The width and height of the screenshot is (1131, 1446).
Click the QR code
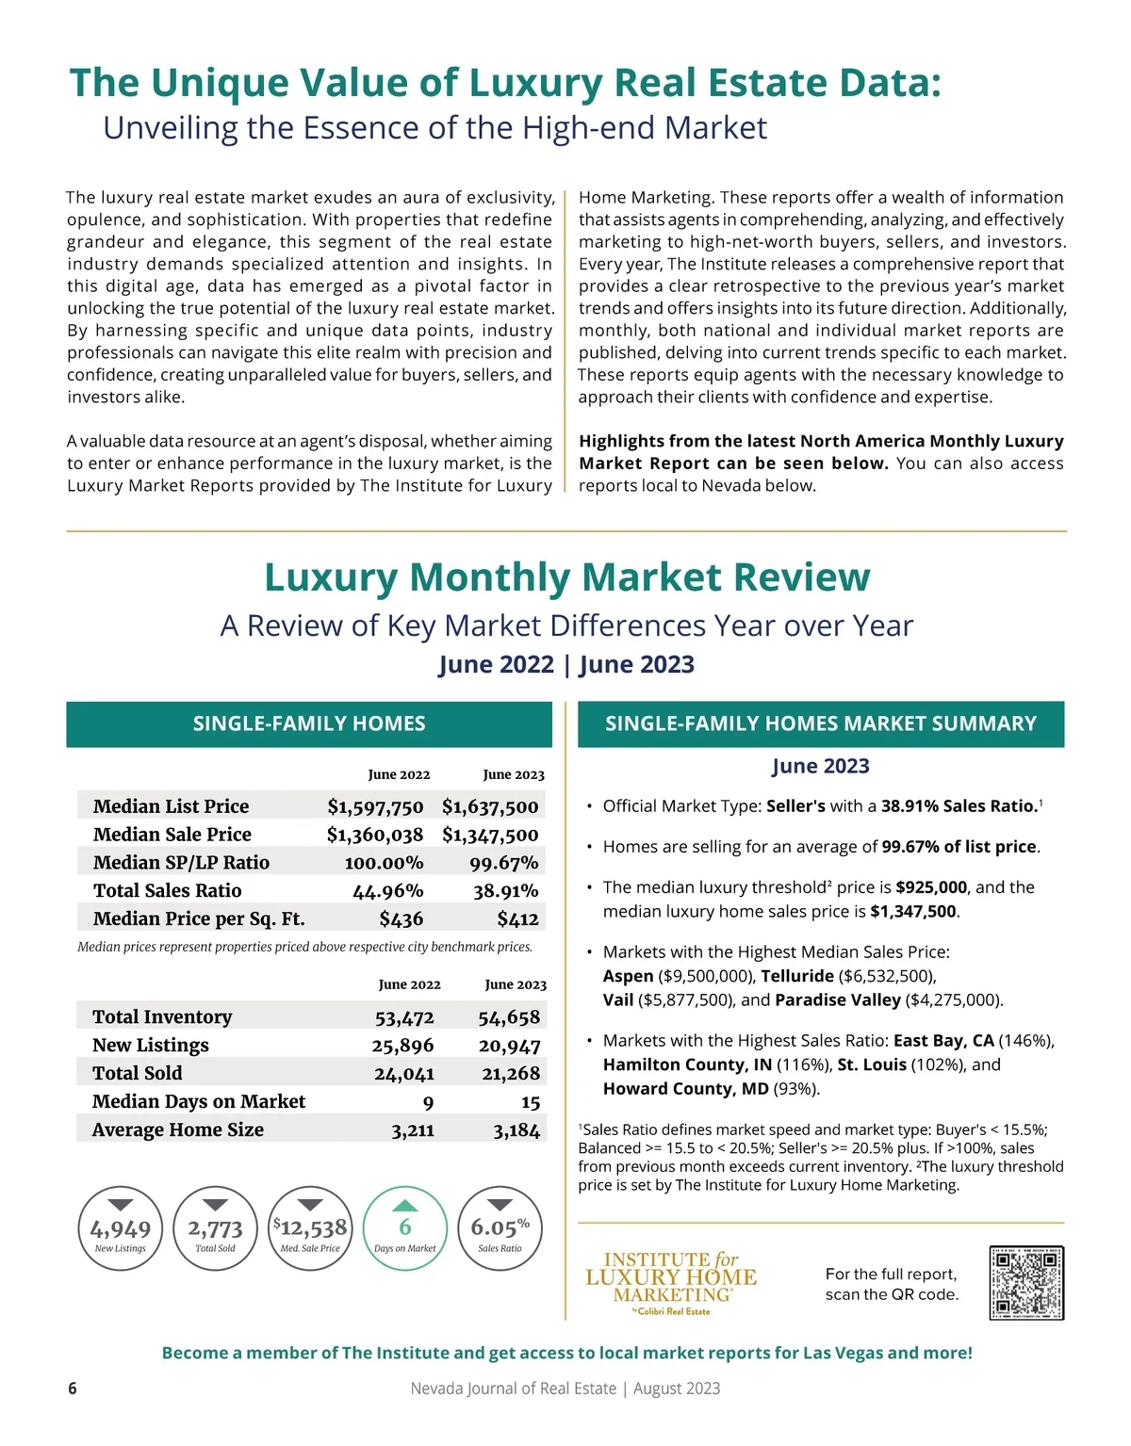[1026, 1282]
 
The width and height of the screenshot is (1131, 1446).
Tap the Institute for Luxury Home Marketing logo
[670, 1282]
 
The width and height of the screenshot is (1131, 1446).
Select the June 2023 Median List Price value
[490, 806]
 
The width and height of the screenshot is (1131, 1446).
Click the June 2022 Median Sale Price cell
[375, 835]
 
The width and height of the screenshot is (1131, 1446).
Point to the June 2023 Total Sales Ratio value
[505, 891]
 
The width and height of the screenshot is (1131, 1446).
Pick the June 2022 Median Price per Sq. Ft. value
[401, 919]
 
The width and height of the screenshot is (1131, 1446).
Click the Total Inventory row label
[162, 1017]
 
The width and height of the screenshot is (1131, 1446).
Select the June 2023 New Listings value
[509, 1046]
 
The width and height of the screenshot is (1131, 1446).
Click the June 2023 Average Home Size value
[516, 1130]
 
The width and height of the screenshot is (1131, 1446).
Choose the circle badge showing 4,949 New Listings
[121, 1228]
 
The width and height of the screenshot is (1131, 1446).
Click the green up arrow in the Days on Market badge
[404, 1205]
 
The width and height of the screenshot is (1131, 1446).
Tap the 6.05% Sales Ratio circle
[500, 1228]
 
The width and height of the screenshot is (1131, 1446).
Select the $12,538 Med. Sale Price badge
[310, 1228]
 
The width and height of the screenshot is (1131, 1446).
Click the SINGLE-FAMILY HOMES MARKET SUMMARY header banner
[820, 723]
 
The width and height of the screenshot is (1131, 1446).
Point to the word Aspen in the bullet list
[628, 976]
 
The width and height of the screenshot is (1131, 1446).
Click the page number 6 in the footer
[73, 1388]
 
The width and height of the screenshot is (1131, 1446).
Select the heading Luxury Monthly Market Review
[566, 577]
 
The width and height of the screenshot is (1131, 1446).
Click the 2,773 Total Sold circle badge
[215, 1228]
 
